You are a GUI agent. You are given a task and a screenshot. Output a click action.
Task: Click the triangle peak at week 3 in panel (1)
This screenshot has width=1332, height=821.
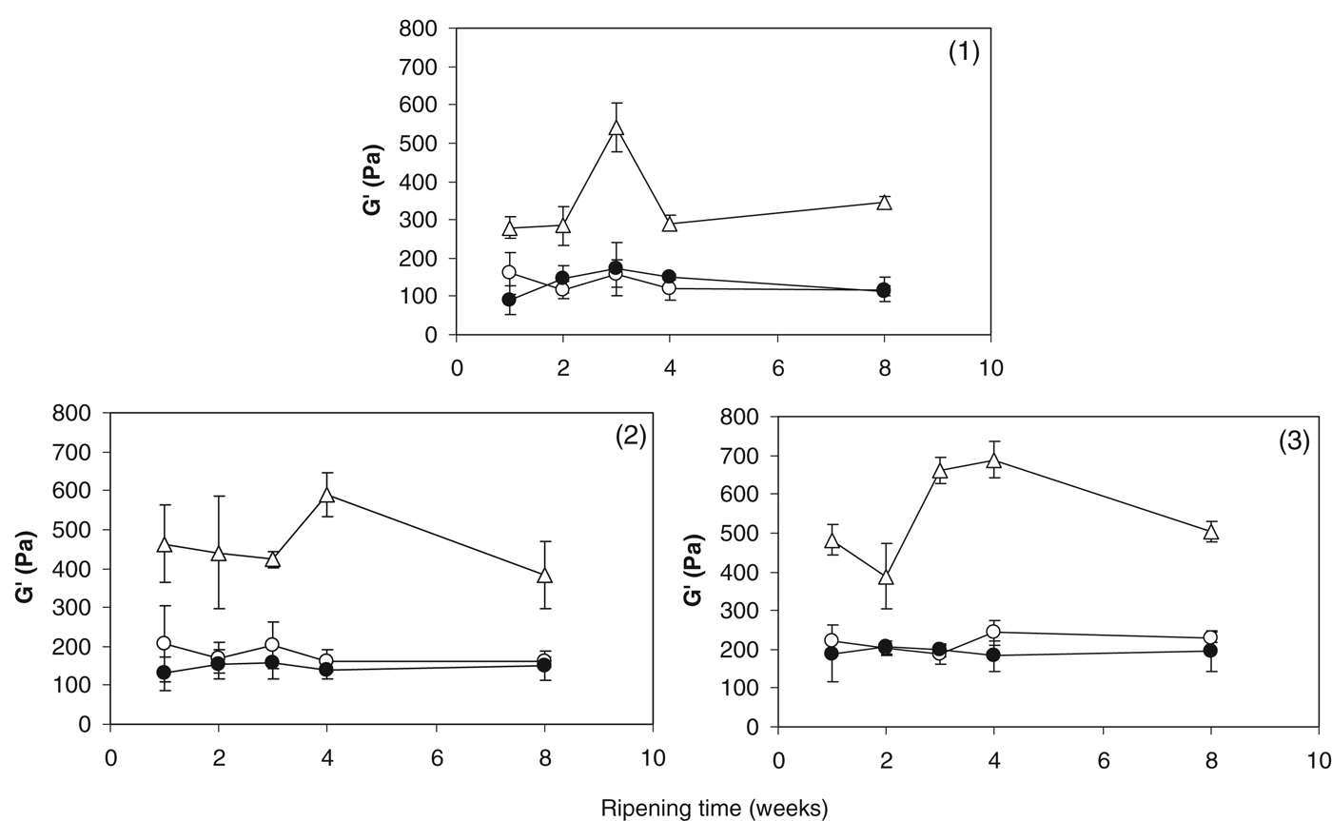coord(617,127)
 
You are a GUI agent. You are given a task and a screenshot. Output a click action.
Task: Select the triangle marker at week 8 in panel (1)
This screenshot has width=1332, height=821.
coord(884,202)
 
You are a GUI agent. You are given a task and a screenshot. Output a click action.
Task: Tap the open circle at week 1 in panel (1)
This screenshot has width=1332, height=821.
coord(509,273)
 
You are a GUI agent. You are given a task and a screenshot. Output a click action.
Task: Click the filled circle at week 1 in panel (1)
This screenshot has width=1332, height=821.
coord(509,300)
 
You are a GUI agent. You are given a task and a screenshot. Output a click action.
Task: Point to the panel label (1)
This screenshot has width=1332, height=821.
coord(963,53)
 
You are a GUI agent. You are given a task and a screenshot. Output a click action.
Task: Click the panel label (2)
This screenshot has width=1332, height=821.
coord(631,437)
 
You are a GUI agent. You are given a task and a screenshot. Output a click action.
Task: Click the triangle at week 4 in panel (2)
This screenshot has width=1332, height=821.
coord(327,495)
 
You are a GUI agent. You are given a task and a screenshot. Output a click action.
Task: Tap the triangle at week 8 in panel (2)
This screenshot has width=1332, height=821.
coord(545,575)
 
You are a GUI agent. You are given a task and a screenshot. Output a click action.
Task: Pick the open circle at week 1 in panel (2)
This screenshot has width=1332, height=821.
coord(164,644)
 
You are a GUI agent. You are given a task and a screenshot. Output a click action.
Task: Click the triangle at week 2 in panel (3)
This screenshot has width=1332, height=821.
coord(887,577)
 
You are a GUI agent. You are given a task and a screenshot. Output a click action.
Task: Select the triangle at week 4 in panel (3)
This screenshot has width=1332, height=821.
coord(994,460)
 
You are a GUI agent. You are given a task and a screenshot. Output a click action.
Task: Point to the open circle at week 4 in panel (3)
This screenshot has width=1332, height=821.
coord(994,632)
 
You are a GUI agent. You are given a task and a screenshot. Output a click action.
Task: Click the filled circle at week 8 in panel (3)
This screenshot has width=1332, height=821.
coord(1210,651)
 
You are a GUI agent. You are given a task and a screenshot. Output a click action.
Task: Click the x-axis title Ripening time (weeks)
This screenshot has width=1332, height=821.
coord(714,808)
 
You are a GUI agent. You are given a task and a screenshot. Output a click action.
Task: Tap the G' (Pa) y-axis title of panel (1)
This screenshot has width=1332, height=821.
coord(373,181)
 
